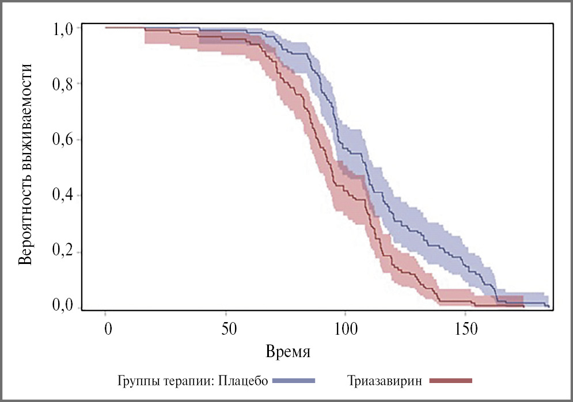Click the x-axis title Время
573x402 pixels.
[288, 351]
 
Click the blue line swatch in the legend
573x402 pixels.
[294, 380]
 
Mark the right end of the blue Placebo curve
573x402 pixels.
[549, 307]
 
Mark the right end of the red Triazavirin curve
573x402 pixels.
[524, 307]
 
